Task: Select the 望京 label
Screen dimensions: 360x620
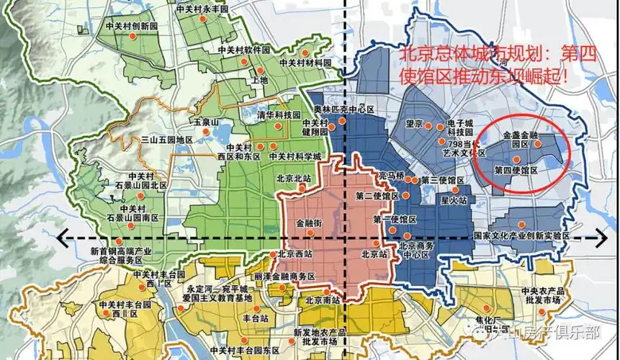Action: click(x=413, y=124)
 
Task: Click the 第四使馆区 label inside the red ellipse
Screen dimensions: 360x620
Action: click(x=516, y=170)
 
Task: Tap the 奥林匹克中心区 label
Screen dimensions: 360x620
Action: click(x=344, y=109)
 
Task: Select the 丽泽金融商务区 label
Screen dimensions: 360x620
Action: click(x=284, y=276)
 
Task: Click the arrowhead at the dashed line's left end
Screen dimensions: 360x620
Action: click(x=63, y=235)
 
